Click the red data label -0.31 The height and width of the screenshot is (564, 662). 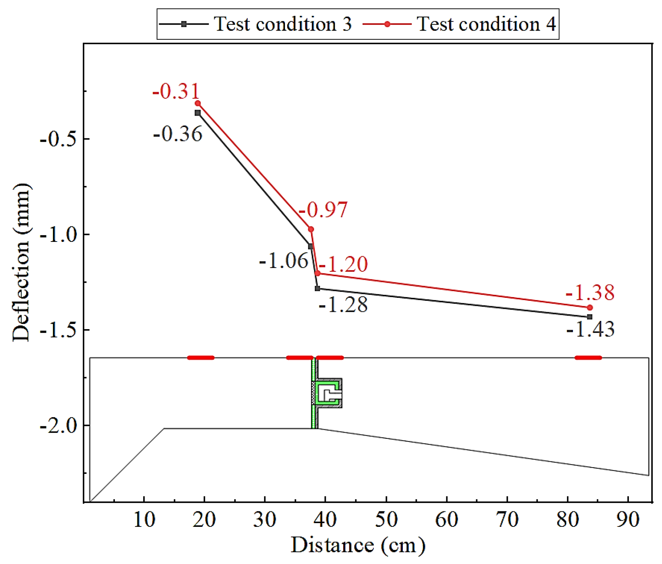176,91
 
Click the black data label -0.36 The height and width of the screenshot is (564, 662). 178,134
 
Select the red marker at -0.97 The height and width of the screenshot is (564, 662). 311,229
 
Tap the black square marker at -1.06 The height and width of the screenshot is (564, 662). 310,246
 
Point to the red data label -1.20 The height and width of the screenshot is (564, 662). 343,264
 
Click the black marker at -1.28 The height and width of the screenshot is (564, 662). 317,289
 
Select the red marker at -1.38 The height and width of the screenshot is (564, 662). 590,307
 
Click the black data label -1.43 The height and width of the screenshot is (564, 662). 591,329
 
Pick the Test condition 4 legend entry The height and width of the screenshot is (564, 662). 459,24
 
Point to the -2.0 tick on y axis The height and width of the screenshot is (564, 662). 59,426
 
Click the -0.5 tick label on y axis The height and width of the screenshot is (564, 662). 59,139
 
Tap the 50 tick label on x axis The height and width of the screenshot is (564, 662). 386,519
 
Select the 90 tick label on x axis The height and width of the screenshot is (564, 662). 628,519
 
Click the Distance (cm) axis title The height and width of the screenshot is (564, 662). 358,545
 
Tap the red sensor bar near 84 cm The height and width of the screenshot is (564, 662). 588,357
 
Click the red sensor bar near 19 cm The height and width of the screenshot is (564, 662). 201,357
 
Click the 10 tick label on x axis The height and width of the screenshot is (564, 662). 144,519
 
